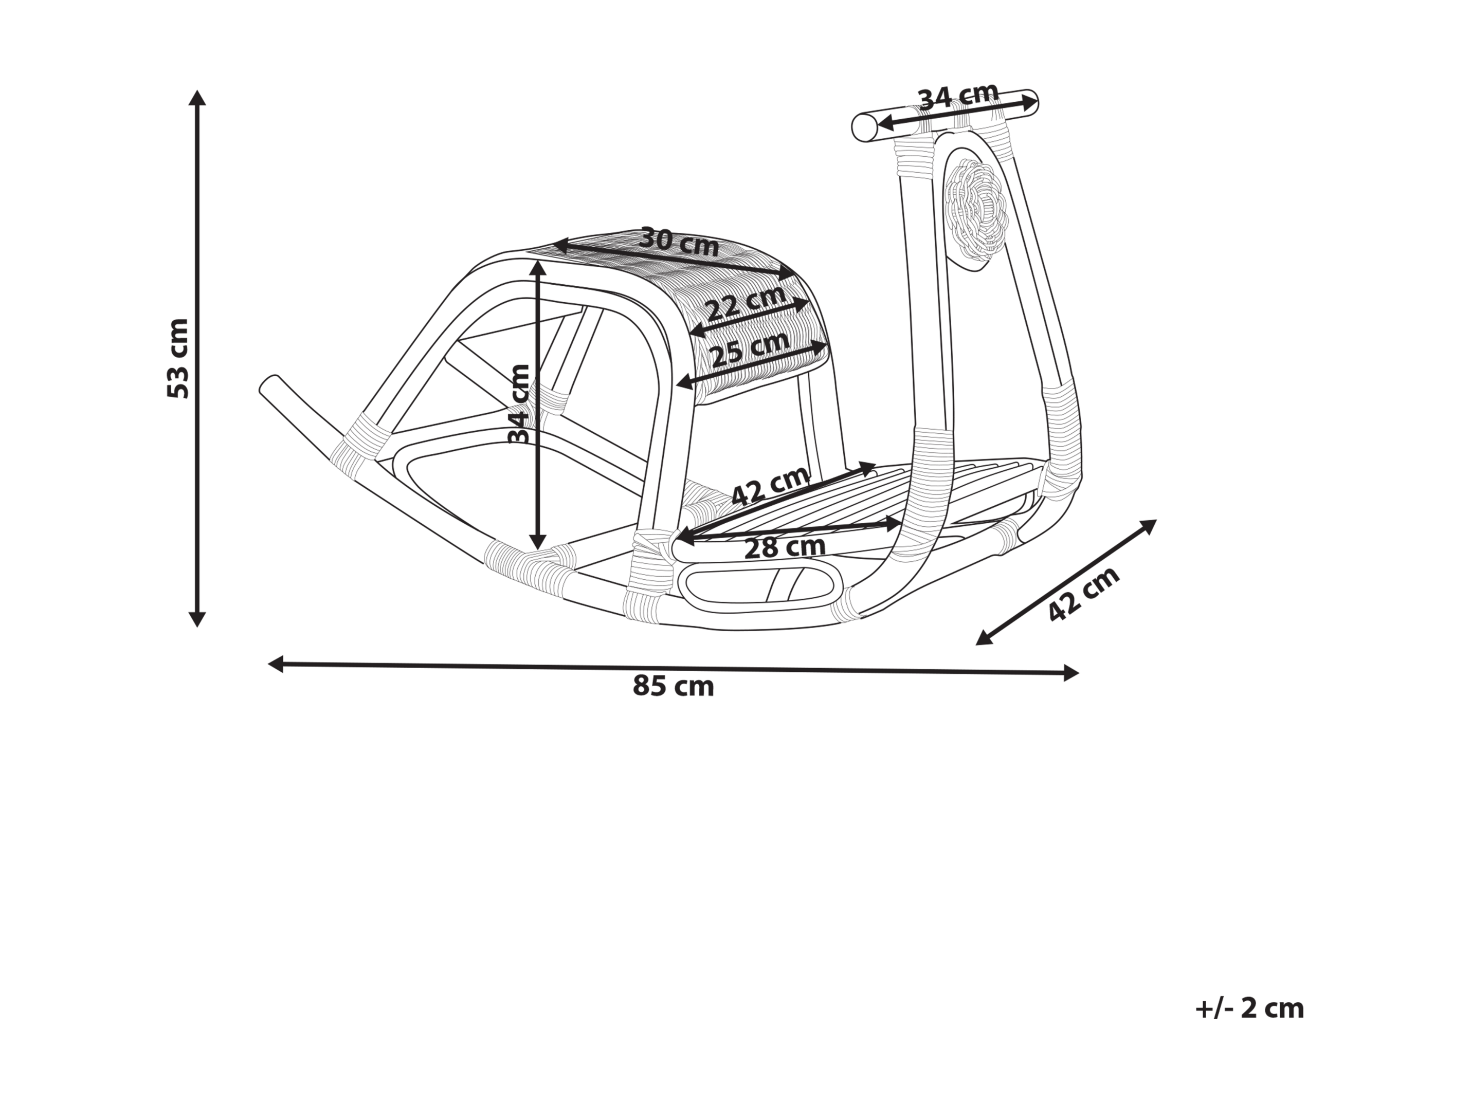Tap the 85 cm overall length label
click(673, 686)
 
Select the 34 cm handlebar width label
click(958, 97)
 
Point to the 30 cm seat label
click(679, 243)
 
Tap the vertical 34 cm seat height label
click(519, 403)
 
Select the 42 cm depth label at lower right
click(1083, 594)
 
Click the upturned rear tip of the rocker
click(269, 385)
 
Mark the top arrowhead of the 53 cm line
click(197, 98)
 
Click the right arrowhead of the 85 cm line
click(1070, 673)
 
